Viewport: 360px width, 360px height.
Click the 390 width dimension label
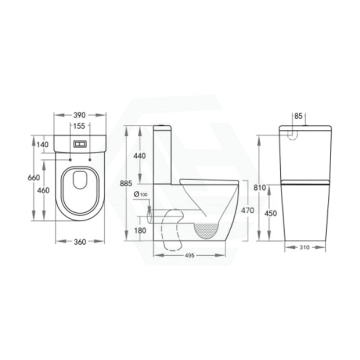pos(80,115)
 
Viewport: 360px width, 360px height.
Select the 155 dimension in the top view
pos(79,126)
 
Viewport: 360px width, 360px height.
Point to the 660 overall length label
pos(34,178)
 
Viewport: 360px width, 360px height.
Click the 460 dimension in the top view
pos(43,190)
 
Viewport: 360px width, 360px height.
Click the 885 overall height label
pos(126,184)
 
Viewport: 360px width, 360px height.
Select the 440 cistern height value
pos(140,156)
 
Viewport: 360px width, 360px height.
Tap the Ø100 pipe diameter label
pos(141,194)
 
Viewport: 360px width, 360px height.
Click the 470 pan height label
pos(247,210)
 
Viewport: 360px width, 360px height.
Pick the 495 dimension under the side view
pos(189,256)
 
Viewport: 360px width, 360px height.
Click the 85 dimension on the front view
pos(298,116)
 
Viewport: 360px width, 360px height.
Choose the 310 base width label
pos(305,247)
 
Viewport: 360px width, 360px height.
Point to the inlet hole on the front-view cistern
pos(293,134)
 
